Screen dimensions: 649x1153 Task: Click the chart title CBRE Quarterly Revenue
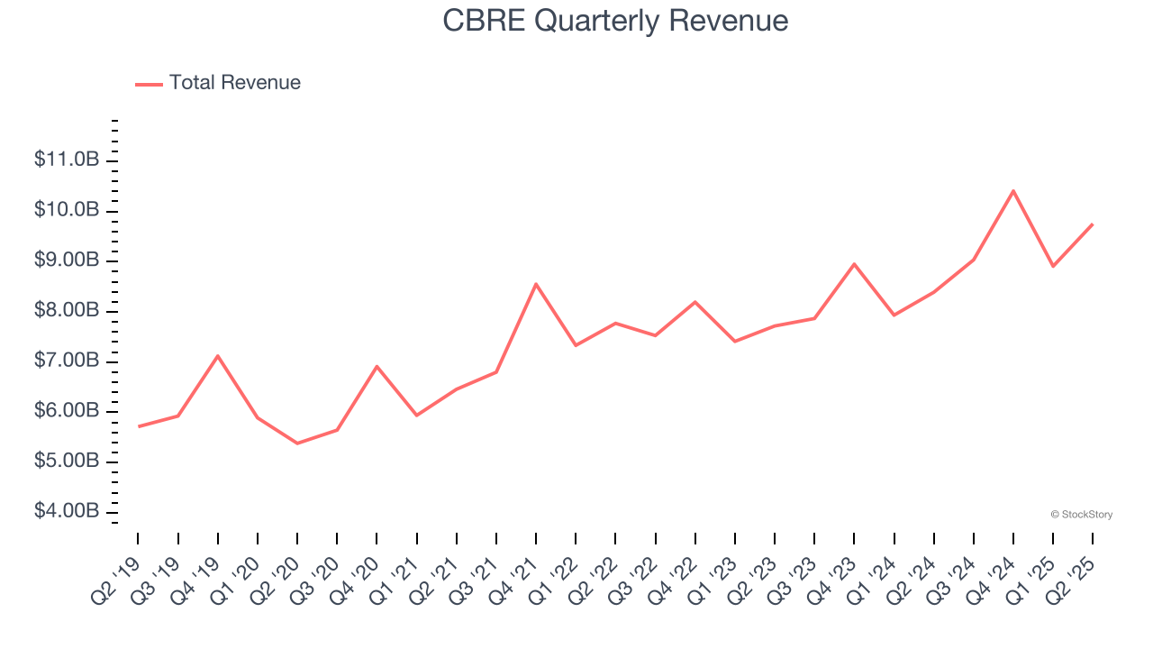coord(615,21)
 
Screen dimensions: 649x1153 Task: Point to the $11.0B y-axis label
coord(67,160)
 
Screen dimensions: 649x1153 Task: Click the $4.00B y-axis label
coord(67,512)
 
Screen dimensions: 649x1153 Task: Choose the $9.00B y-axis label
coord(67,261)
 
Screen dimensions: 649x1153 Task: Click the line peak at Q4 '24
coord(1013,191)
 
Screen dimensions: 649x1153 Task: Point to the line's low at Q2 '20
coord(297,443)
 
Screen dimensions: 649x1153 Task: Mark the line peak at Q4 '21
coord(536,284)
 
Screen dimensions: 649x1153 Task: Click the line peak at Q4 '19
coord(218,356)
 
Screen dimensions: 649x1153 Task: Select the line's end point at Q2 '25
coord(1093,224)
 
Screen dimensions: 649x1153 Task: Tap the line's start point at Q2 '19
coord(138,426)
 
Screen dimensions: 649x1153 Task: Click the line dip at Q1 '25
coord(1053,266)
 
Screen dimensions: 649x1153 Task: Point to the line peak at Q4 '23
coord(854,264)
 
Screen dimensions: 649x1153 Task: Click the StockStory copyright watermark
coord(1081,515)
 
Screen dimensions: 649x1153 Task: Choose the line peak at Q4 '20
coord(377,366)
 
